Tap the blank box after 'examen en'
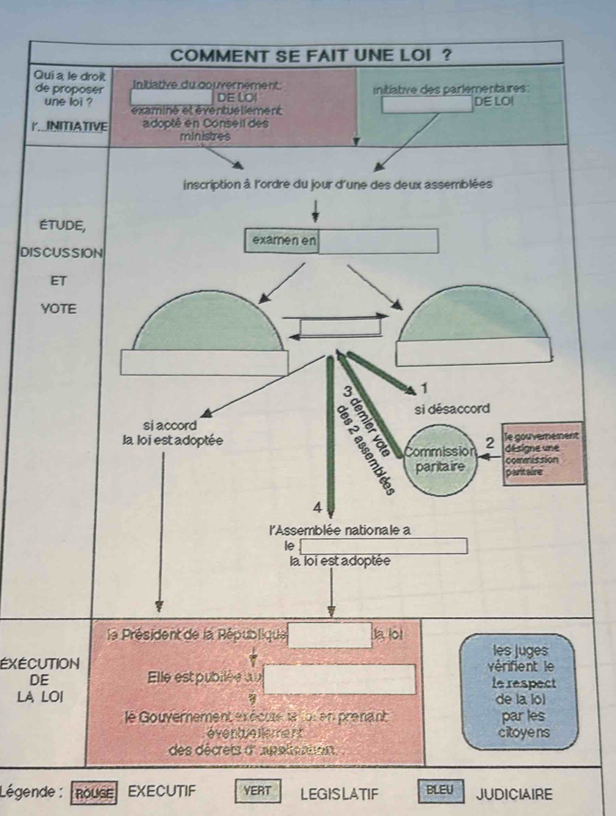378,242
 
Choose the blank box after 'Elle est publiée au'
341,679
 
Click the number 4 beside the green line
317,508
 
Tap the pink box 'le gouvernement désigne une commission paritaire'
543,454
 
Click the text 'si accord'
169,423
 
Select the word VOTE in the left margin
58,308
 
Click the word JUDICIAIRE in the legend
515,793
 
